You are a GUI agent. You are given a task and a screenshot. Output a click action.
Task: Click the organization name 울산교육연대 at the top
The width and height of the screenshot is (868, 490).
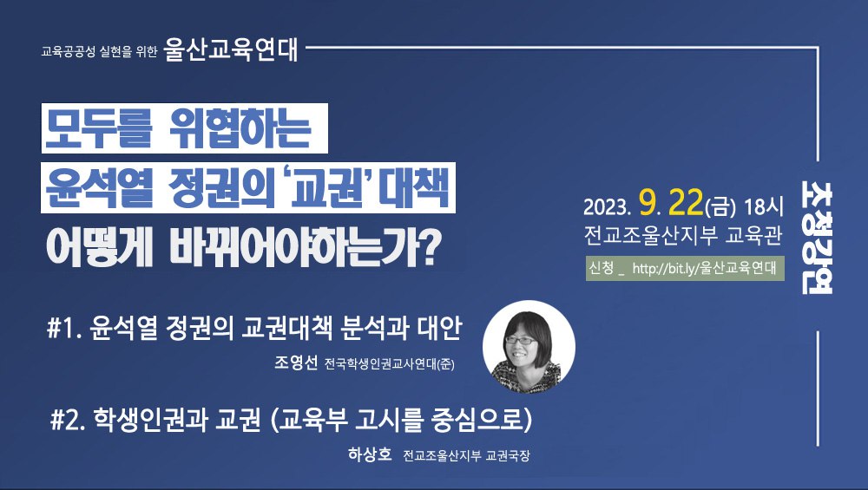pyautogui.click(x=231, y=49)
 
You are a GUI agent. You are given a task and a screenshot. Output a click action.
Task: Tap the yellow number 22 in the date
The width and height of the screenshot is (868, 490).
pyautogui.click(x=686, y=203)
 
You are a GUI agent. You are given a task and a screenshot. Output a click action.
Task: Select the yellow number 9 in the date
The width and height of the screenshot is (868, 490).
pyautogui.click(x=648, y=204)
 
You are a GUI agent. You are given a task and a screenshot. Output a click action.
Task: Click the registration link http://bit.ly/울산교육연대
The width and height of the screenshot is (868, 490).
pyautogui.click(x=704, y=269)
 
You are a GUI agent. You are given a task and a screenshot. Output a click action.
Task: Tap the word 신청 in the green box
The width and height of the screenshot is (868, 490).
pyautogui.click(x=602, y=268)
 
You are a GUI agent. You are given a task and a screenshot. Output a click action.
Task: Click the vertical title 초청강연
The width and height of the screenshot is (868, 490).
pyautogui.click(x=817, y=238)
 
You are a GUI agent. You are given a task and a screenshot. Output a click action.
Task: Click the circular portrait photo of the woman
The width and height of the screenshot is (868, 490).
pyautogui.click(x=529, y=347)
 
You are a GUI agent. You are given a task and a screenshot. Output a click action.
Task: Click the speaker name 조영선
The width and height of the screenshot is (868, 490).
pyautogui.click(x=296, y=363)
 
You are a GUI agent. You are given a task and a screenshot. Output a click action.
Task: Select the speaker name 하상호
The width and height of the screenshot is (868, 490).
pyautogui.click(x=370, y=454)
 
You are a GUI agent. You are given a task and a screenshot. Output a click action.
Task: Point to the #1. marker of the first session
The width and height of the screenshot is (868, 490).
pyautogui.click(x=65, y=329)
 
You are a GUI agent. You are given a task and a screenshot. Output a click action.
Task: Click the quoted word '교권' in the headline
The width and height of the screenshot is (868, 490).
pyautogui.click(x=327, y=188)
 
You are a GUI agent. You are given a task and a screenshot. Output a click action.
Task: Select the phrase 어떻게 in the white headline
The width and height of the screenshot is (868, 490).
pyautogui.click(x=100, y=248)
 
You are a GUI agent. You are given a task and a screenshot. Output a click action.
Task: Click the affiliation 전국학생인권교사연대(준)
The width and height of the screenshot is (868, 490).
pyautogui.click(x=389, y=364)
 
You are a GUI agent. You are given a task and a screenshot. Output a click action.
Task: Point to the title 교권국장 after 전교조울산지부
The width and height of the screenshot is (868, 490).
pyautogui.click(x=508, y=456)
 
